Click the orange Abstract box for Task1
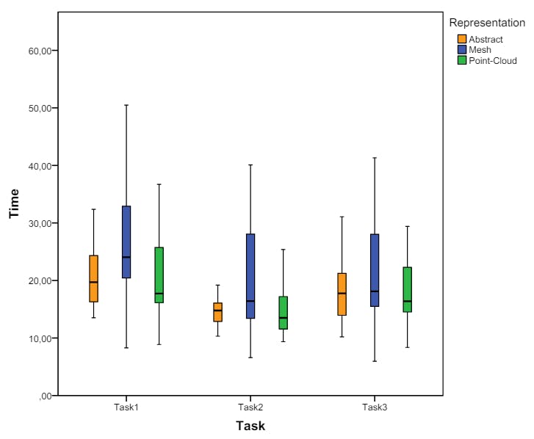tap(93, 278)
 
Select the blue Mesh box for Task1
tap(126, 242)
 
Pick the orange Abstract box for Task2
tap(217, 312)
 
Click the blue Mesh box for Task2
tap(250, 276)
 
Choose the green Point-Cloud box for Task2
tap(283, 313)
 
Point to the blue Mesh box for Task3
tap(375, 270)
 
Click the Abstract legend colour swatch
tap(462, 39)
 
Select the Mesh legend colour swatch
tap(462, 49)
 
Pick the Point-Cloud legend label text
tap(493, 60)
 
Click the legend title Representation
tap(487, 23)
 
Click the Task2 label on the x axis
tap(250, 407)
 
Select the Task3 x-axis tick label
tap(374, 407)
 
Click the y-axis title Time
tap(13, 203)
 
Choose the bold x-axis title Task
tap(250, 426)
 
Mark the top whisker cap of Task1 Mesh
tap(126, 105)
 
